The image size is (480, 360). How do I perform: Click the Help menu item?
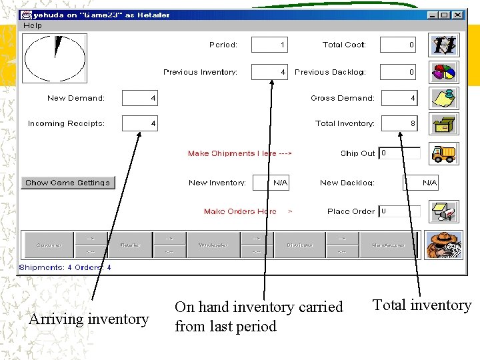(x=33, y=25)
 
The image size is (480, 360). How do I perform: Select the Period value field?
(x=270, y=45)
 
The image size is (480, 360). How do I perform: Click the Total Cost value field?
(x=398, y=45)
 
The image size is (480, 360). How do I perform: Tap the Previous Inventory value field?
(x=270, y=72)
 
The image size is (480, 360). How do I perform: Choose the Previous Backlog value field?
(x=398, y=72)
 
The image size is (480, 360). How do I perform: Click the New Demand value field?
(x=141, y=99)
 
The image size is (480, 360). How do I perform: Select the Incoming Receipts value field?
(x=141, y=123)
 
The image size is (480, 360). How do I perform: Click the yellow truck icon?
(x=443, y=153)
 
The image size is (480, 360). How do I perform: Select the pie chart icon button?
(x=443, y=71)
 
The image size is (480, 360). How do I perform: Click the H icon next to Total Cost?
(x=443, y=45)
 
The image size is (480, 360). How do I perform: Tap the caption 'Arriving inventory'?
(x=89, y=319)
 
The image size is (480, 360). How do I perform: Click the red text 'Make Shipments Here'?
(x=239, y=153)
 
